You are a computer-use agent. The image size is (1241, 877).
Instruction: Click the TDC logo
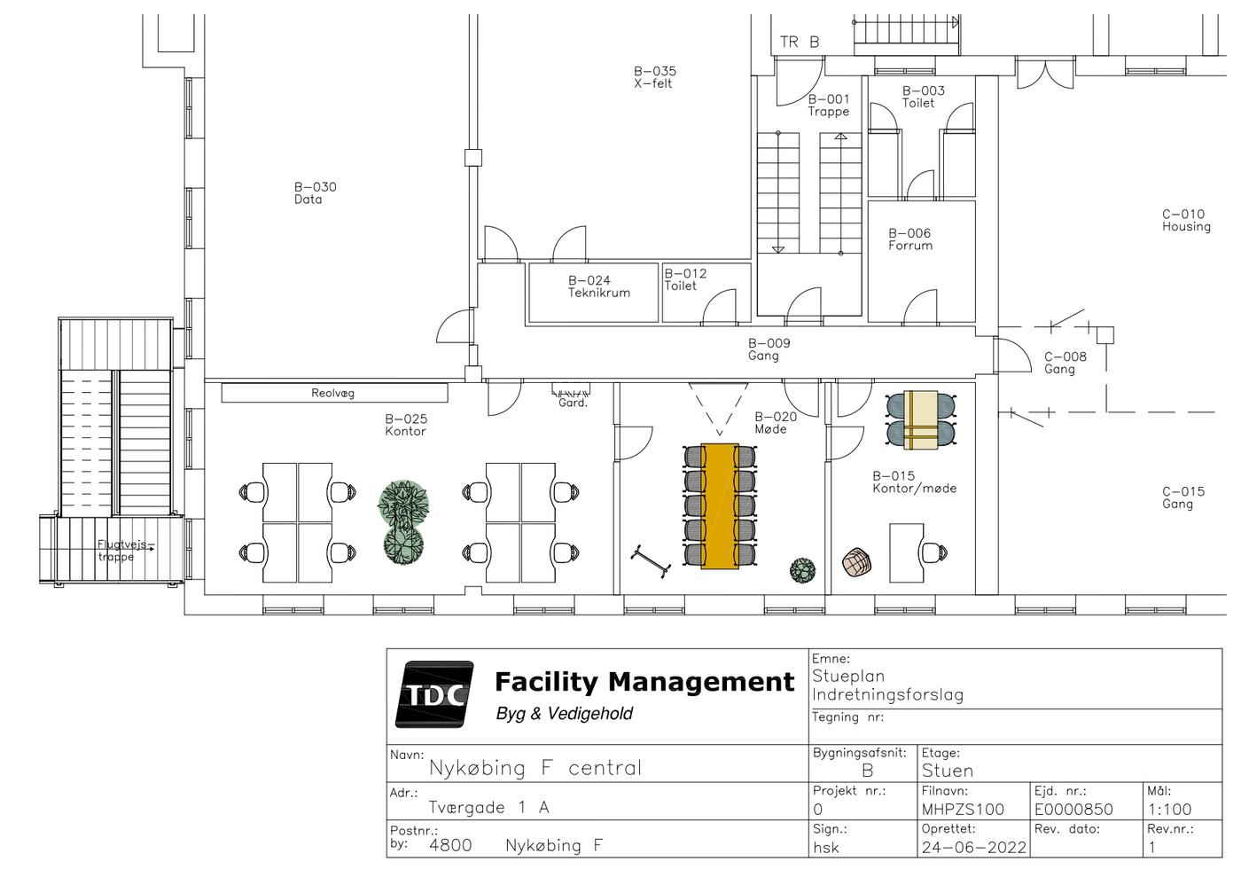(x=434, y=694)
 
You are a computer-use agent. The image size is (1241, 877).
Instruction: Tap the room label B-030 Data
(x=316, y=193)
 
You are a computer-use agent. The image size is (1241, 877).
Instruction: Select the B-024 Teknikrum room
(x=593, y=292)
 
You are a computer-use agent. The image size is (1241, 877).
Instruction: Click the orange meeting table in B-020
(x=720, y=506)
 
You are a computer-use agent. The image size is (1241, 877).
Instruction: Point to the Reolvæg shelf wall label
(x=332, y=393)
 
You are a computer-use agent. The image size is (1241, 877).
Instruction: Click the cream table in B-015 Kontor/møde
(x=921, y=419)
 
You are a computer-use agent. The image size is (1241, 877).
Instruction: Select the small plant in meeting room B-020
(x=803, y=570)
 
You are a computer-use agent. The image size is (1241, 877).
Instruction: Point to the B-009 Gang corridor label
(x=769, y=349)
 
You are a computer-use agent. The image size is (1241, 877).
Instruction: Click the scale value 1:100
(x=1169, y=810)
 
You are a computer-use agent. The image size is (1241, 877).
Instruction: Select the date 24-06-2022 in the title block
(x=973, y=848)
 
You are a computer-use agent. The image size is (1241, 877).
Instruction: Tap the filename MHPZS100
(x=963, y=810)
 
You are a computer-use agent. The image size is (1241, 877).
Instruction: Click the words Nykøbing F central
(x=535, y=768)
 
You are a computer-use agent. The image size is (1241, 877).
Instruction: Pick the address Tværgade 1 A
(x=488, y=807)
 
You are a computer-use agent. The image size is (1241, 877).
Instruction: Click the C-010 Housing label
(x=1186, y=220)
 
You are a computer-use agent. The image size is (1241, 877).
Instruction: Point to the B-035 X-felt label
(x=655, y=77)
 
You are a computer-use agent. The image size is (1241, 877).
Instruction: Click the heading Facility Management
(x=644, y=682)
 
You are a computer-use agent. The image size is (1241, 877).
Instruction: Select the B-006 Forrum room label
(x=910, y=239)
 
